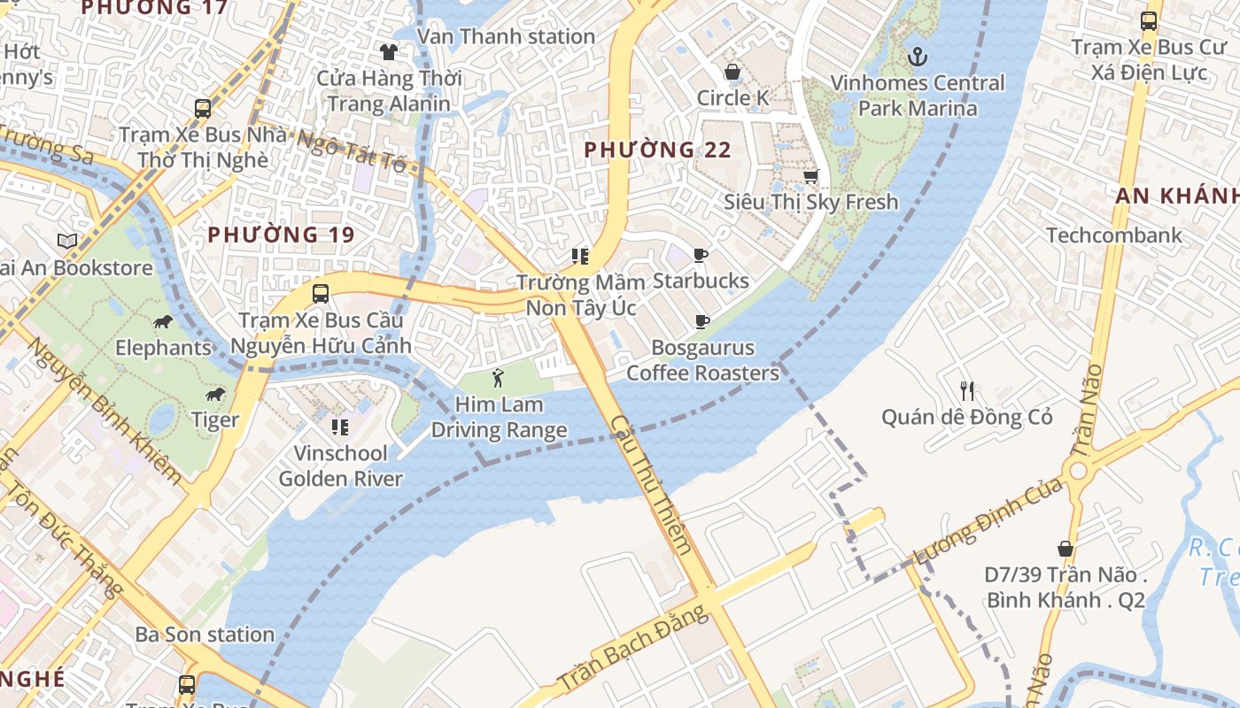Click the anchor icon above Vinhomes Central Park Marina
click(x=918, y=57)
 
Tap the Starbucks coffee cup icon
click(x=701, y=256)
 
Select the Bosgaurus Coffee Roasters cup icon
click(x=702, y=321)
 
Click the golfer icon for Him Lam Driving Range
click(x=499, y=378)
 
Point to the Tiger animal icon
click(x=214, y=394)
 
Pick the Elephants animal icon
click(x=162, y=321)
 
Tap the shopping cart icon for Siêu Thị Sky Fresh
click(x=810, y=176)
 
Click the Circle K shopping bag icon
click(x=732, y=72)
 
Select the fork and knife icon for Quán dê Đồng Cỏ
click(x=967, y=390)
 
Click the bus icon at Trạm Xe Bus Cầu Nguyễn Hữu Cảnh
click(x=321, y=294)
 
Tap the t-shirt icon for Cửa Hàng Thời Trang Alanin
click(x=388, y=52)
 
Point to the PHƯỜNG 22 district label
click(x=658, y=150)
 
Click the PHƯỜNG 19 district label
click(x=281, y=235)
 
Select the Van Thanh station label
click(x=506, y=36)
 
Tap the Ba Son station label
click(x=205, y=635)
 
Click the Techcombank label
click(x=1114, y=235)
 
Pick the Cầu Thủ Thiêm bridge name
click(x=651, y=485)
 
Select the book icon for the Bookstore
click(x=67, y=241)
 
